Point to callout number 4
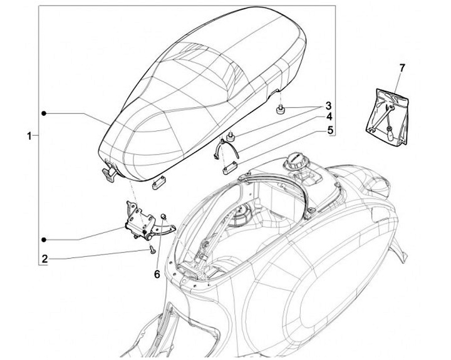[x=328, y=118]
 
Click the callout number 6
[x=157, y=274]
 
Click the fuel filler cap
[x=294, y=164]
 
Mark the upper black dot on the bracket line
[x=44, y=113]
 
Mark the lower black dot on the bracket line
[x=44, y=239]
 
